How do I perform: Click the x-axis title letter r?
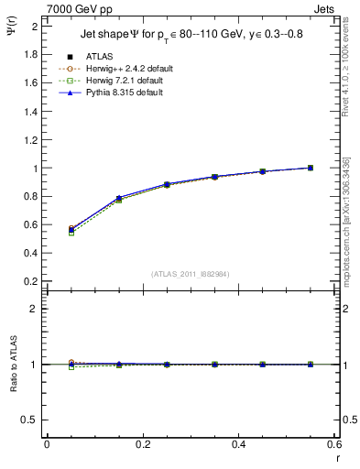point(336,456)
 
